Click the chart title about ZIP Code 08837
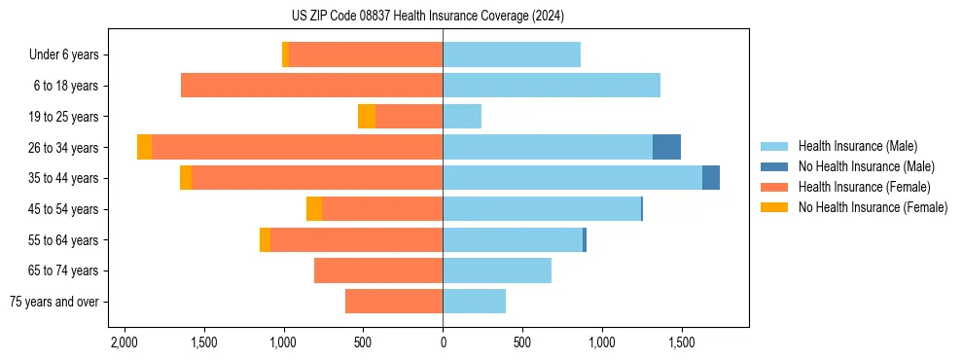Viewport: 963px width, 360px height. click(427, 17)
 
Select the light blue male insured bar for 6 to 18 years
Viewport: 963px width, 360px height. click(552, 86)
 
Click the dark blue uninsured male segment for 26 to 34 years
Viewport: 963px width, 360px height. click(666, 147)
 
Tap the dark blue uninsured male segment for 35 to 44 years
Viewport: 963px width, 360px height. click(711, 178)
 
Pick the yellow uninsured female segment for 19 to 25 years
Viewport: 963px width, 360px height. click(367, 117)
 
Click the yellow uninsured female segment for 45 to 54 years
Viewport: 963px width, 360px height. click(314, 209)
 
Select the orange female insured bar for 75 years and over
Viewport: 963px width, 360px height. click(394, 302)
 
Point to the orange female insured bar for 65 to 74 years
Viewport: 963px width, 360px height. click(378, 270)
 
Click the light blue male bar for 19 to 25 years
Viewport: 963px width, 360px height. click(462, 117)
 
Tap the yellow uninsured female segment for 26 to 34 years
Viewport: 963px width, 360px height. click(144, 147)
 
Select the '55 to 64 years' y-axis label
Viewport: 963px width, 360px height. click(61, 240)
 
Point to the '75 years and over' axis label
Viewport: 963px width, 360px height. click(54, 302)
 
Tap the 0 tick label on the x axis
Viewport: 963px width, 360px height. click(443, 342)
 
